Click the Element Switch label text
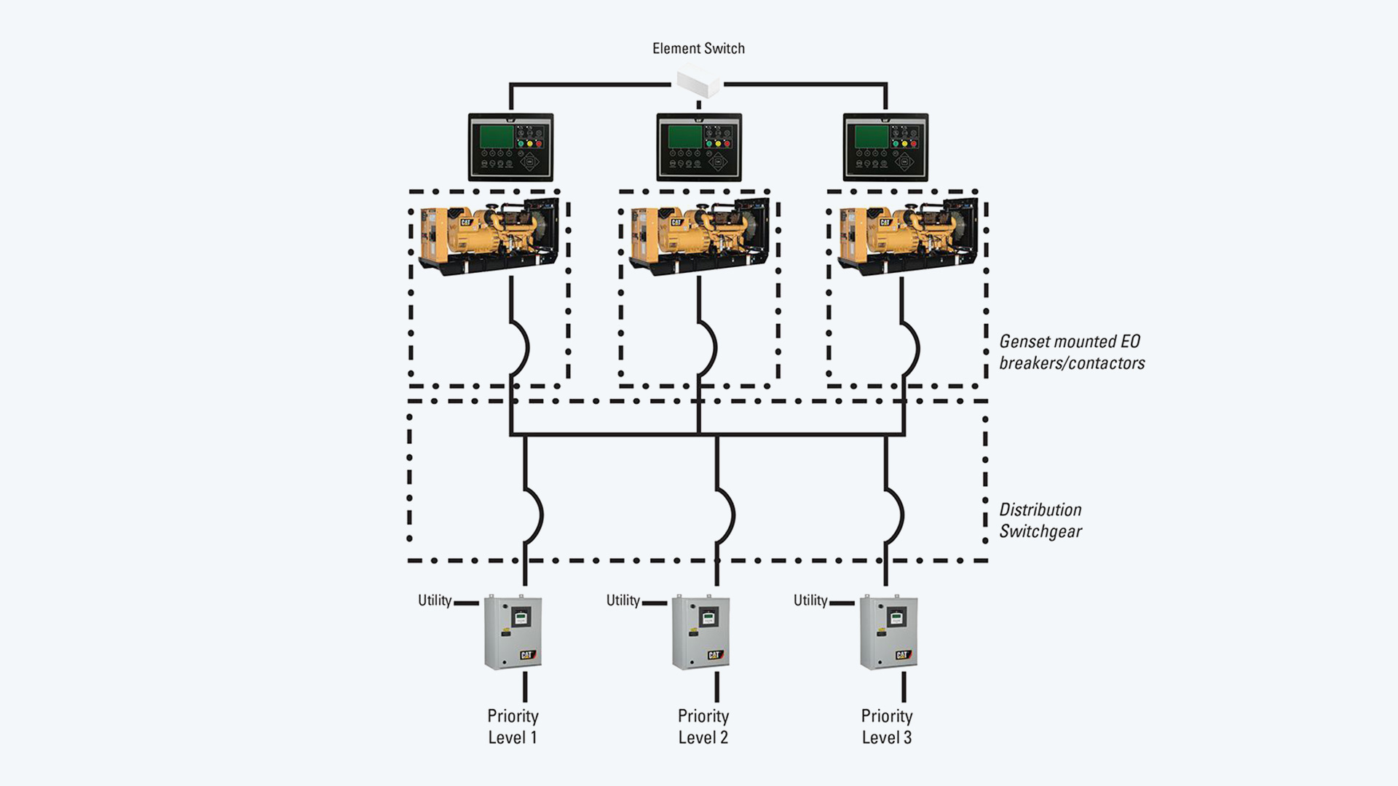(x=698, y=49)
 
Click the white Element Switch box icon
(x=698, y=81)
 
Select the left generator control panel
(x=510, y=147)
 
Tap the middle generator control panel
(x=699, y=147)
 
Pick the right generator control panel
(x=885, y=147)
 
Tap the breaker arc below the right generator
(x=911, y=348)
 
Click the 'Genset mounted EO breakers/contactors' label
(x=1071, y=352)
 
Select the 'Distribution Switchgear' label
(x=1040, y=520)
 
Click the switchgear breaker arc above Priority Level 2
(x=726, y=515)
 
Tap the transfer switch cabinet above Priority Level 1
(x=513, y=632)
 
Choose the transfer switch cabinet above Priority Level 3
(x=888, y=632)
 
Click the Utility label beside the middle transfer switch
(x=623, y=600)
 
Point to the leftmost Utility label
(x=435, y=600)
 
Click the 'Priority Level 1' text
(x=513, y=726)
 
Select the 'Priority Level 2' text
(x=703, y=726)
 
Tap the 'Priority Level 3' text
(x=887, y=726)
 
